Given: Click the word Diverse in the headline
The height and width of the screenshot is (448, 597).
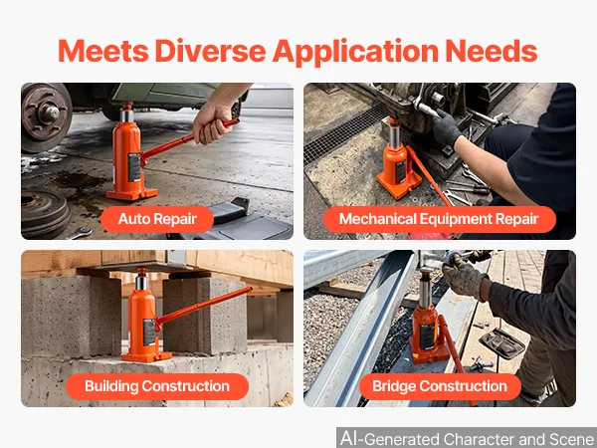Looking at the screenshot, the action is pyautogui.click(x=210, y=51).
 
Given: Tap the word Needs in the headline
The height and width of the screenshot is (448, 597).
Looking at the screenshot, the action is pyautogui.click(x=492, y=51).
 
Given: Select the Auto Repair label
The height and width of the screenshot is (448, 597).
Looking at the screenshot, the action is pyautogui.click(x=157, y=219).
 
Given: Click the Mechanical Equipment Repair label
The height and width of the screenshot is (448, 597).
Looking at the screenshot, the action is pyautogui.click(x=439, y=219).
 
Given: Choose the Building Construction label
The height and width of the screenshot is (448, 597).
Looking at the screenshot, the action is pyautogui.click(x=157, y=386).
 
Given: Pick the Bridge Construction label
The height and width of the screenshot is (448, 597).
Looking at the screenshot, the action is pyautogui.click(x=440, y=386).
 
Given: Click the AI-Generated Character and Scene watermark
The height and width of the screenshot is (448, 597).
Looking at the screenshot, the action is pyautogui.click(x=467, y=438).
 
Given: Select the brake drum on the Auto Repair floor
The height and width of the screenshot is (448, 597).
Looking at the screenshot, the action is pyautogui.click(x=45, y=213).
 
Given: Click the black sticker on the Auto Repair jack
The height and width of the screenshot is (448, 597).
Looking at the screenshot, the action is pyautogui.click(x=134, y=167).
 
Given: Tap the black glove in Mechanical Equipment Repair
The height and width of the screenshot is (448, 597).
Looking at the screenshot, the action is pyautogui.click(x=446, y=128).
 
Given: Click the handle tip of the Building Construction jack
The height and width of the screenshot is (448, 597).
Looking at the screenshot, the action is pyautogui.click(x=249, y=290).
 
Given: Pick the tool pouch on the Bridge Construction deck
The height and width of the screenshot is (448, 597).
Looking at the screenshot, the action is pyautogui.click(x=501, y=343).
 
